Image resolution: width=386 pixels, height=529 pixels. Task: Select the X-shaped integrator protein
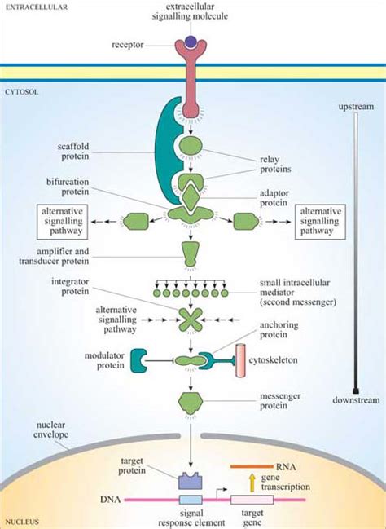(191, 319)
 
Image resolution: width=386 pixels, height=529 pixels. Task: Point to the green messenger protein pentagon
(191, 400)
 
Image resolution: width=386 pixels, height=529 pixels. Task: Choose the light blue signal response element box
(190, 499)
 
